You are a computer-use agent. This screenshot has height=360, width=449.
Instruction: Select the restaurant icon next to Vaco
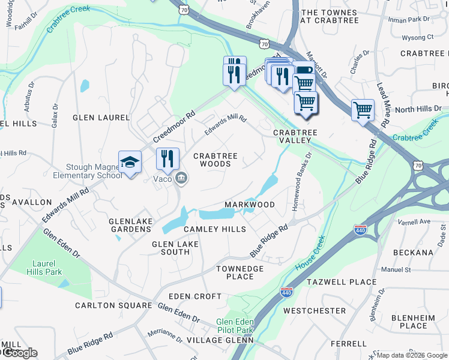click(167, 158)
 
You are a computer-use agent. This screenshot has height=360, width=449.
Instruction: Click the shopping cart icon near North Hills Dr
click(363, 110)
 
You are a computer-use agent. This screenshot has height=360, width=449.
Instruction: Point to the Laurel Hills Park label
click(48, 267)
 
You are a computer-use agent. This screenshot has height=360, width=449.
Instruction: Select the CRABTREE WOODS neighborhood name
click(215, 160)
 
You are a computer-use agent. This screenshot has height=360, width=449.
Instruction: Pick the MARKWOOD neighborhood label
click(250, 205)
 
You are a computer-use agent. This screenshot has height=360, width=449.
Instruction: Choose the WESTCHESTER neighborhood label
click(315, 311)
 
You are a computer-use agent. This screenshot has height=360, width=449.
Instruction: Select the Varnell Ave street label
click(415, 221)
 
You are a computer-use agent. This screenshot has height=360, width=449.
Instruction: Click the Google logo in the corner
click(19, 353)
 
